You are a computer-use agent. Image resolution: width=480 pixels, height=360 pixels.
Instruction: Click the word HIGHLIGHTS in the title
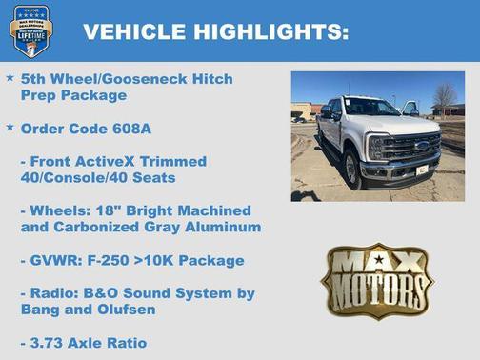click(x=270, y=31)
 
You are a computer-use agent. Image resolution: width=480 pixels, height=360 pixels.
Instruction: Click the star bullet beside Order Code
click(x=10, y=127)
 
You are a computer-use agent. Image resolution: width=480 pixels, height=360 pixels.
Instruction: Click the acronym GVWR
click(x=54, y=260)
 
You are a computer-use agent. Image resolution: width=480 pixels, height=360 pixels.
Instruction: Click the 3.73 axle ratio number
click(x=52, y=343)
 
